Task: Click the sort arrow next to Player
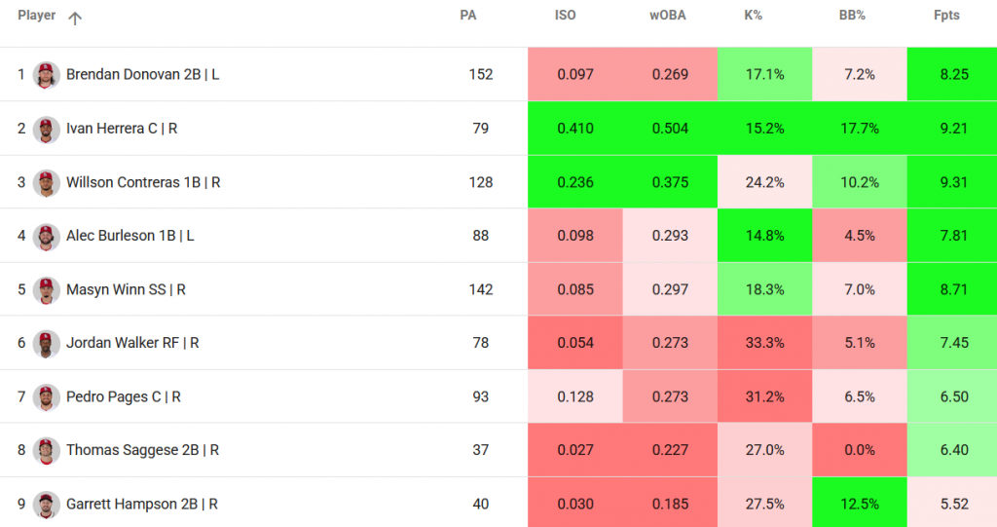[x=75, y=18]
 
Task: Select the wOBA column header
[x=668, y=17]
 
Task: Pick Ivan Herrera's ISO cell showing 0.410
[x=574, y=129]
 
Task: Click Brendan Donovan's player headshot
[x=46, y=75]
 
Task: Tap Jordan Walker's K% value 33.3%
[x=763, y=343]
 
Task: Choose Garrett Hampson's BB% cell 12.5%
[x=859, y=504]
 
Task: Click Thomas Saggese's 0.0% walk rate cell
[x=859, y=450]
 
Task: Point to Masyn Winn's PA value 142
[x=481, y=289]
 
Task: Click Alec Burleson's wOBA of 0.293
[x=670, y=236]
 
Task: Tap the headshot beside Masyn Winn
[x=46, y=289]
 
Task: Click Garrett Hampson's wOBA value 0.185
[x=670, y=504]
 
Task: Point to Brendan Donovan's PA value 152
[x=481, y=75]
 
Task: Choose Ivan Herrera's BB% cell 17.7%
[x=859, y=129]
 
